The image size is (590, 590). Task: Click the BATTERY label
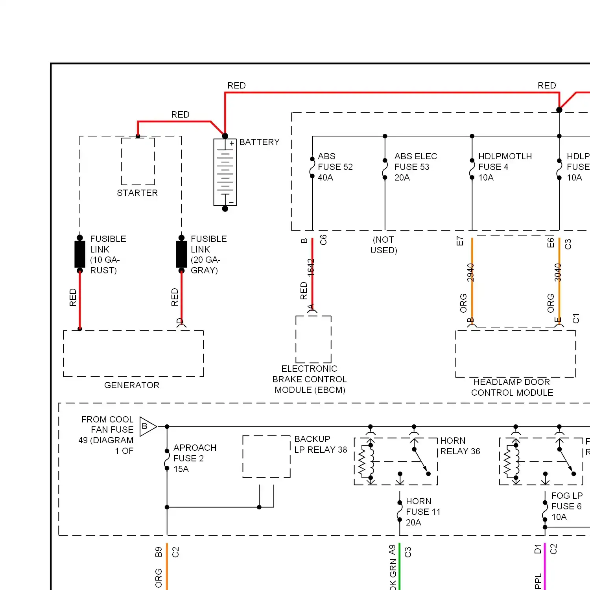click(x=259, y=142)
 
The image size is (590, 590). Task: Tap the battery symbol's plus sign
click(x=232, y=144)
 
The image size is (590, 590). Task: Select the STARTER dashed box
click(x=138, y=161)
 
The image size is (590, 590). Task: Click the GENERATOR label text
click(x=132, y=385)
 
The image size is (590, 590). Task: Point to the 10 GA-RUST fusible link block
click(x=80, y=254)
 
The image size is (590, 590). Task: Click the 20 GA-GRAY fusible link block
click(x=181, y=254)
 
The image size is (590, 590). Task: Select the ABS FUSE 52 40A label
click(x=335, y=167)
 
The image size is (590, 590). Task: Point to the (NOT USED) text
click(x=383, y=245)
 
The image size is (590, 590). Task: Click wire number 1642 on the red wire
click(x=311, y=267)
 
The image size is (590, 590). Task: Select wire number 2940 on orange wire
click(x=470, y=272)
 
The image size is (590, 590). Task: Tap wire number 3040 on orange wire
click(x=558, y=272)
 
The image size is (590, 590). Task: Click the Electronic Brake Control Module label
click(x=310, y=379)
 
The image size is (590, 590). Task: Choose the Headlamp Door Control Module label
click(x=512, y=387)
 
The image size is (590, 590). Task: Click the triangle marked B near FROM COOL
click(x=146, y=426)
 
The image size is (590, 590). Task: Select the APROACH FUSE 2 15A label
click(x=194, y=458)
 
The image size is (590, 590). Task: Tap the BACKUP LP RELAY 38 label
click(x=320, y=444)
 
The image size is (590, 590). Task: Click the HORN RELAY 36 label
click(x=460, y=446)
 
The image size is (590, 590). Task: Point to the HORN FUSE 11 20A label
click(x=422, y=512)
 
